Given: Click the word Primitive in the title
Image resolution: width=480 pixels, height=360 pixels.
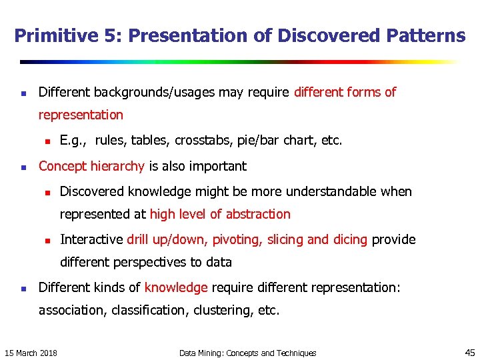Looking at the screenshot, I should click(x=48, y=36).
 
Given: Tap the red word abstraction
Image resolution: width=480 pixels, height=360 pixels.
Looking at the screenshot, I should click(x=258, y=214).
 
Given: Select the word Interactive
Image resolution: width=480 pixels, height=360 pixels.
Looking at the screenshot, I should click(x=91, y=239).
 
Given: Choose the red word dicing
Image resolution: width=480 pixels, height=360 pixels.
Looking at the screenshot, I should click(x=349, y=239).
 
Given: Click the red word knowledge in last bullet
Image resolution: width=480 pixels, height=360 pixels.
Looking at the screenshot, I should click(x=176, y=287).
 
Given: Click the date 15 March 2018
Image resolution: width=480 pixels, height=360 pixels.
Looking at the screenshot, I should click(x=31, y=353).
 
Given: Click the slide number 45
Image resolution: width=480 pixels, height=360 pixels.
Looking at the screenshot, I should click(x=469, y=352).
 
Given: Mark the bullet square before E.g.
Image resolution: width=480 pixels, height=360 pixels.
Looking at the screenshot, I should click(x=47, y=141).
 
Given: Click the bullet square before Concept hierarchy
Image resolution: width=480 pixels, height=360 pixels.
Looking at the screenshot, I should click(x=23, y=167).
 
